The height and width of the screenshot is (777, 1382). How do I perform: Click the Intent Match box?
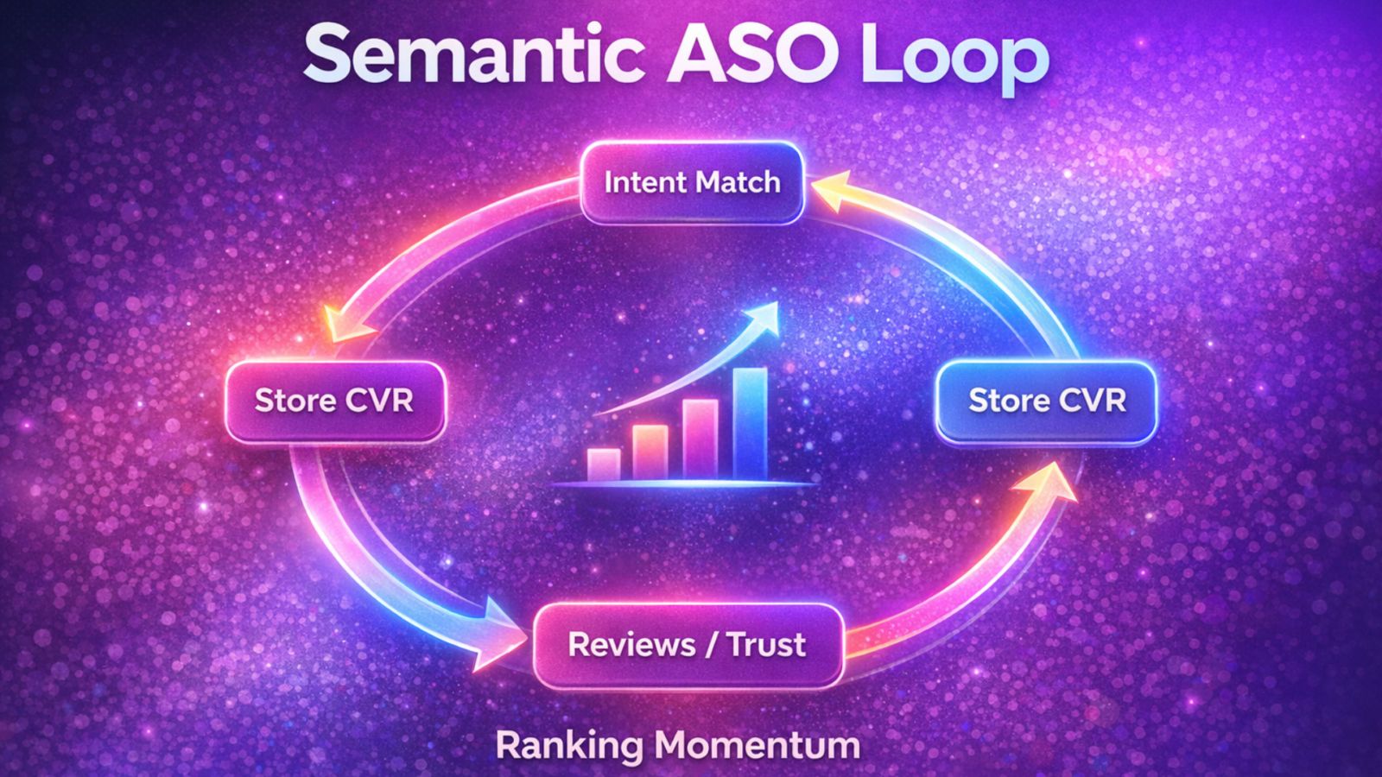tap(692, 182)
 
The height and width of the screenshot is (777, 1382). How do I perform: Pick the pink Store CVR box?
tap(335, 401)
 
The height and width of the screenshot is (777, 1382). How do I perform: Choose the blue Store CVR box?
tap(1046, 401)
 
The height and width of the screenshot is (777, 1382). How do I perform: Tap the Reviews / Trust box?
tap(688, 645)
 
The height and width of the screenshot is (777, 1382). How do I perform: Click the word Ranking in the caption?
tap(568, 746)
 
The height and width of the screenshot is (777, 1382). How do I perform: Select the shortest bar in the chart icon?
tap(604, 464)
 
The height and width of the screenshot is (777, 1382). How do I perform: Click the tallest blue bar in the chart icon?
tap(750, 424)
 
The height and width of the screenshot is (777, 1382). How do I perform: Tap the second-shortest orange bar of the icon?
tap(650, 452)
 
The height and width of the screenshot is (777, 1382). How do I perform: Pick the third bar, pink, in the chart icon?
tap(701, 439)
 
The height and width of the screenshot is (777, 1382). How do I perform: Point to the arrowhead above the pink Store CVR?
tap(345, 324)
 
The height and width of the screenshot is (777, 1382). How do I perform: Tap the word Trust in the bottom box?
tap(766, 645)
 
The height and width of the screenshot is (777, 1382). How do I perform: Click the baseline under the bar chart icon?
tap(682, 484)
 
